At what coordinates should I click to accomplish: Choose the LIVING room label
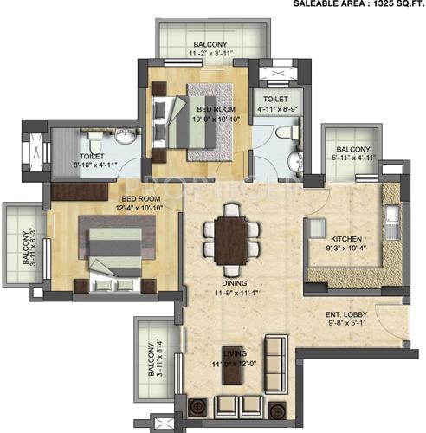coord(233,354)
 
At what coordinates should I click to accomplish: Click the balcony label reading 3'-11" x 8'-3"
coord(26,246)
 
